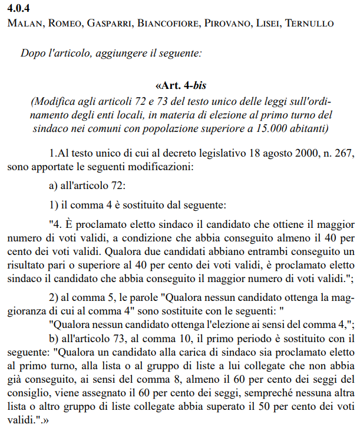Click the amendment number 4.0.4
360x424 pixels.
coord(19,8)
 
